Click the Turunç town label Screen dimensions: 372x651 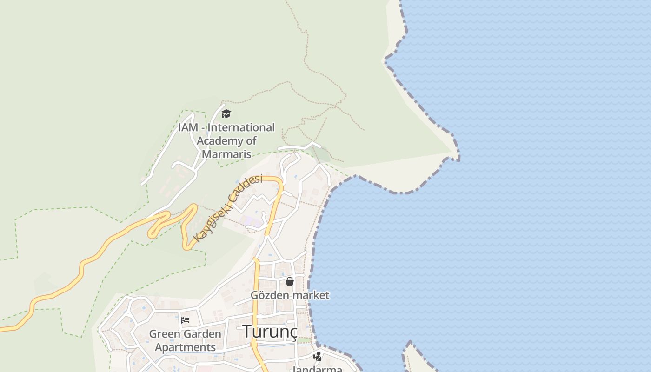tap(270, 331)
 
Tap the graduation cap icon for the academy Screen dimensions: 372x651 tap(226, 113)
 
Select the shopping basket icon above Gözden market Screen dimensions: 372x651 tap(290, 281)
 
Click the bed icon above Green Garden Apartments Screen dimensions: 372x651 tap(185, 320)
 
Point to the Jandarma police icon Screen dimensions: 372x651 tap(318, 357)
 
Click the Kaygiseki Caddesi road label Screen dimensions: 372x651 tap(228, 208)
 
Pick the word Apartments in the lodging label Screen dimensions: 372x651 tap(185, 347)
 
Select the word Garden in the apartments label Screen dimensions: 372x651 tap(202, 334)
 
